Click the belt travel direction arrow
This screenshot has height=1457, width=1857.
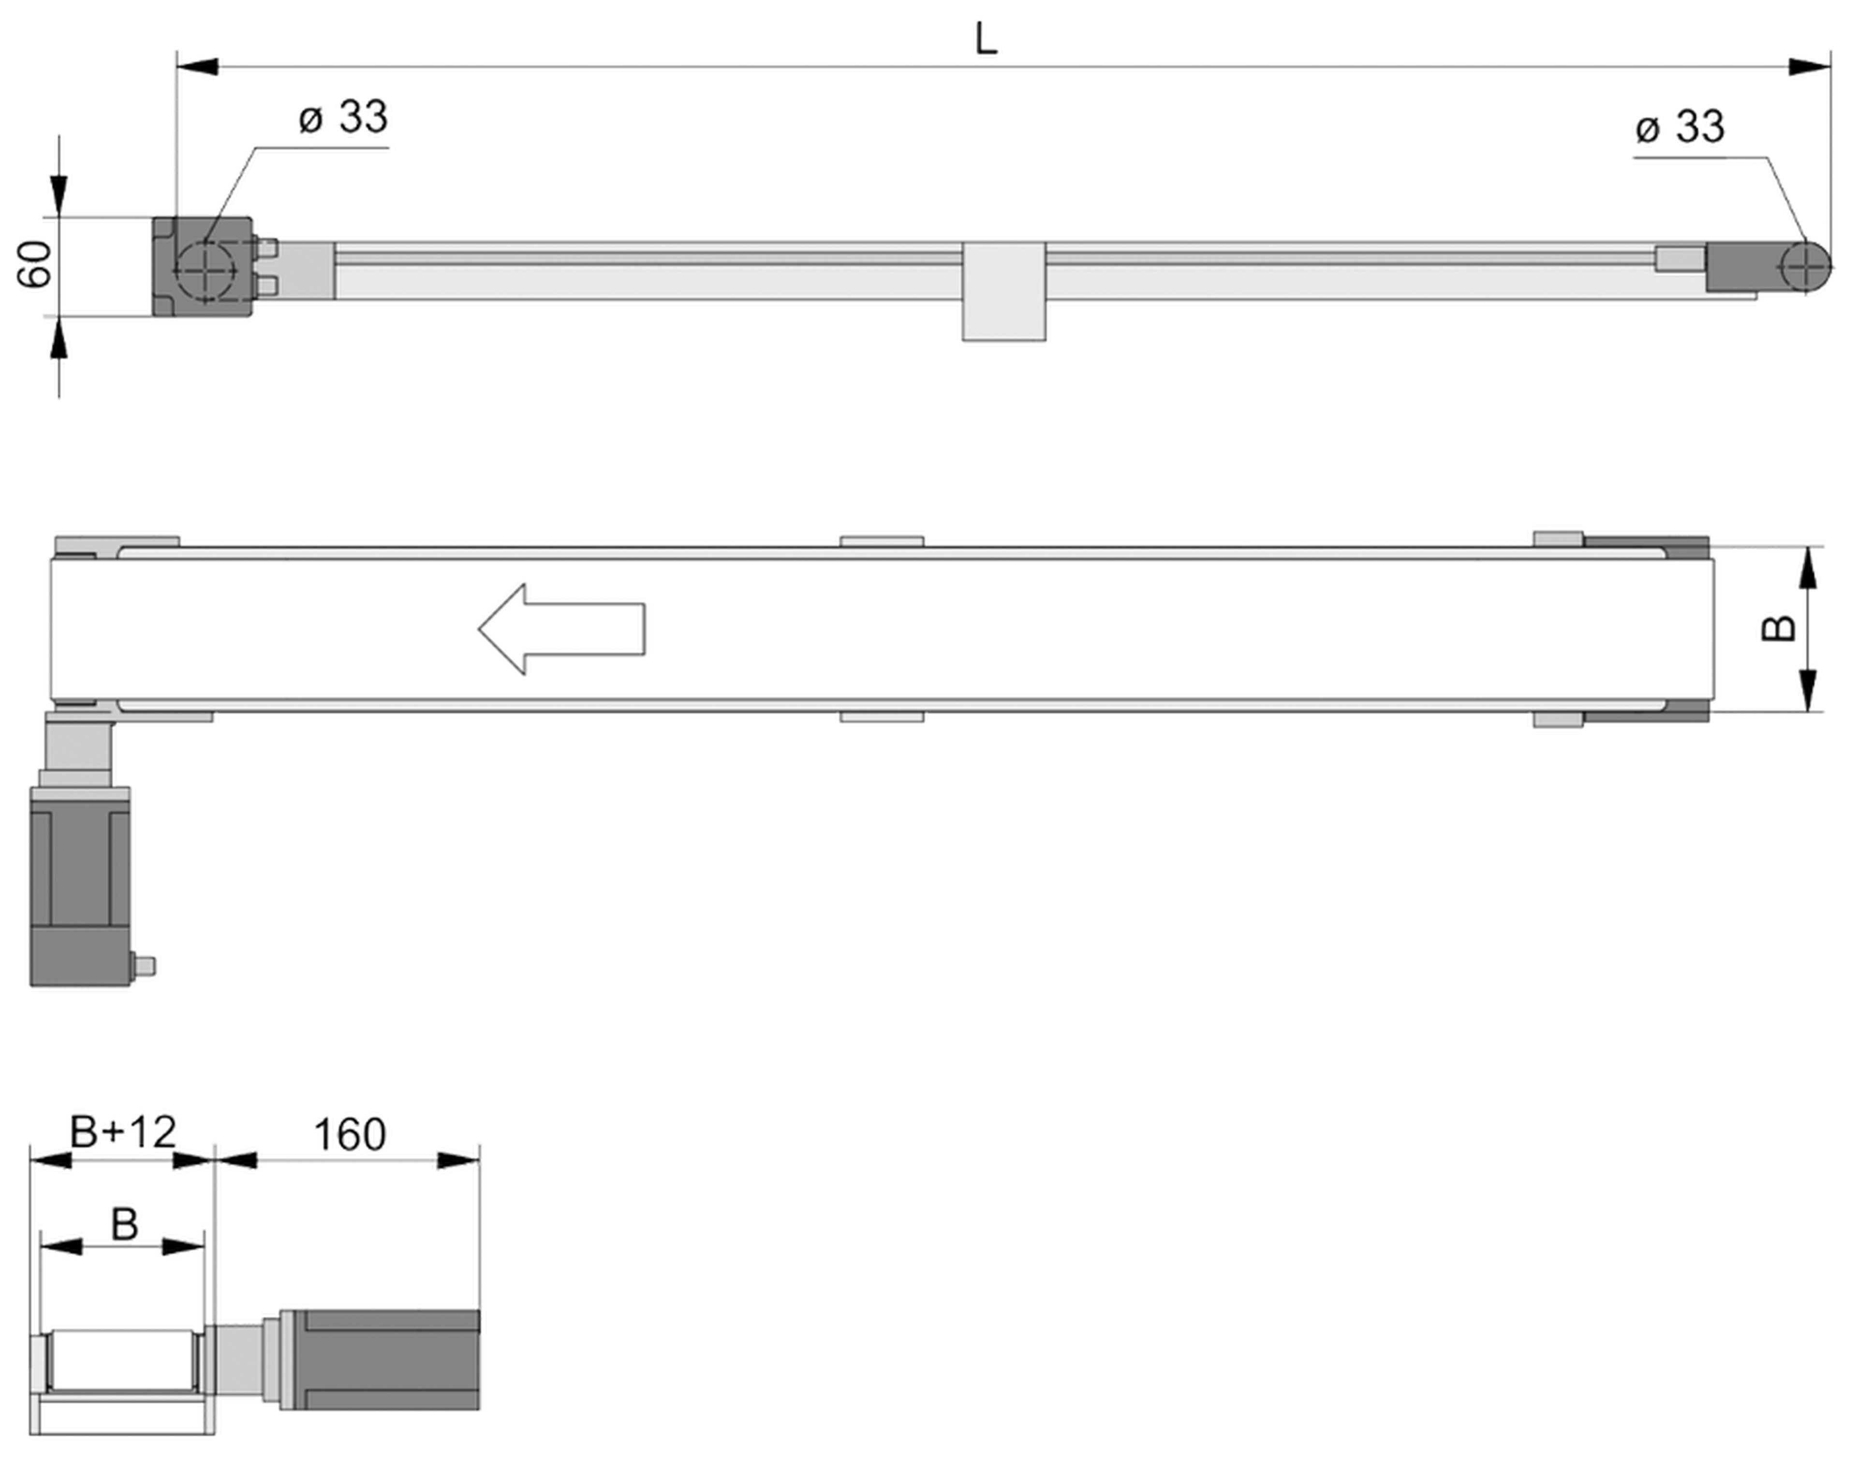click(561, 629)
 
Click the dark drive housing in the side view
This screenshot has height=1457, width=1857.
click(202, 266)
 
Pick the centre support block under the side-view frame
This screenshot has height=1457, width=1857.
click(1003, 292)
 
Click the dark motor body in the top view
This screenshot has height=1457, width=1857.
click(80, 886)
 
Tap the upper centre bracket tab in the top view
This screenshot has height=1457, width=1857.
click(882, 541)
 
